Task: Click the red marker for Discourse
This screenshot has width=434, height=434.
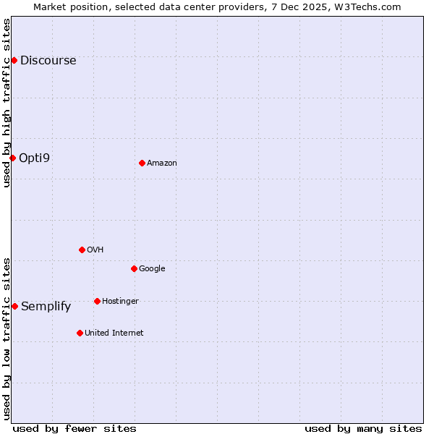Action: [x=14, y=60]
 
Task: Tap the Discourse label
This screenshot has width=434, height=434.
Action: [x=48, y=61]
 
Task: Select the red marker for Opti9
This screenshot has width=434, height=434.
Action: [x=12, y=158]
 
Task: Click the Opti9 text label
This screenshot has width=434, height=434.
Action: [x=34, y=158]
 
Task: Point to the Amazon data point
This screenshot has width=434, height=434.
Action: [x=142, y=163]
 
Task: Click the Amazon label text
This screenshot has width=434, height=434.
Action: [x=162, y=163]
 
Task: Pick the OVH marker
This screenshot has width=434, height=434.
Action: [x=82, y=250]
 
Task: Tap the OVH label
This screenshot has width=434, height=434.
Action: [x=95, y=250]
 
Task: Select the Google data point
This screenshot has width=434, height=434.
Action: [x=134, y=268]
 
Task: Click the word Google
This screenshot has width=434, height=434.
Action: [x=152, y=269]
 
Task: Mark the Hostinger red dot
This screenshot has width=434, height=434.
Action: [x=97, y=301]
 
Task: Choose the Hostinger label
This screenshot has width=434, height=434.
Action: [x=120, y=302]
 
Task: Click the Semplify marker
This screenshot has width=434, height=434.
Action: [x=14, y=306]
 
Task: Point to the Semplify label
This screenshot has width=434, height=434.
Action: [x=46, y=307]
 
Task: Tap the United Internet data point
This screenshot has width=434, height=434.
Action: [x=80, y=333]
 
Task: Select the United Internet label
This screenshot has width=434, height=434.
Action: [x=114, y=333]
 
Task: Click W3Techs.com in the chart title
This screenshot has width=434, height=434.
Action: [x=367, y=7]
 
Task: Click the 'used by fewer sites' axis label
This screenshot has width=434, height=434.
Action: [x=75, y=428]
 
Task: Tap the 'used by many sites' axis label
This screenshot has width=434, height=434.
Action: [x=363, y=428]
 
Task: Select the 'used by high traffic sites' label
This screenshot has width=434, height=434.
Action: [x=7, y=103]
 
